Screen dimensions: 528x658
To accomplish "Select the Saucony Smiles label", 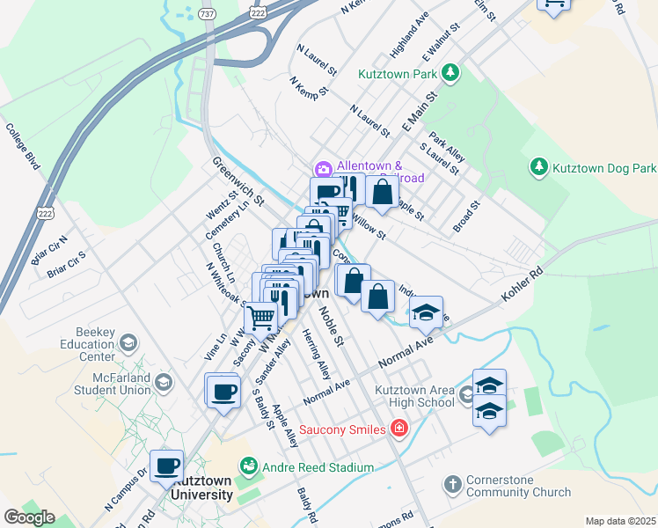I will coord(342,429).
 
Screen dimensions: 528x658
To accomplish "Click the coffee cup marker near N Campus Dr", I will coord(165,466).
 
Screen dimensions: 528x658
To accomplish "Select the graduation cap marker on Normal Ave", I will coord(426,312).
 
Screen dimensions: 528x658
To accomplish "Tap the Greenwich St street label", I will coord(238,181).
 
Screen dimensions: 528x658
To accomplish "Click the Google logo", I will coord(28,517).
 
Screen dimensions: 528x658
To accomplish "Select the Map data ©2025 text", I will coord(620,521).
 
